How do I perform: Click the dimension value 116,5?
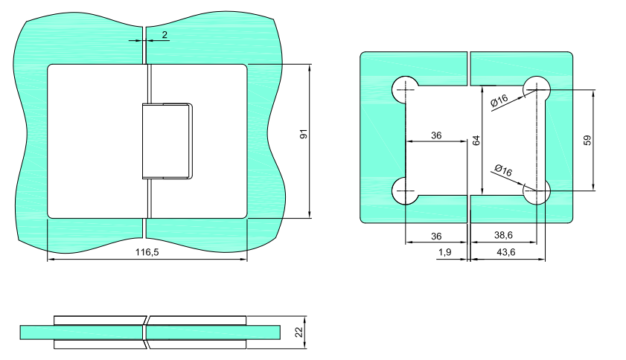click(x=147, y=252)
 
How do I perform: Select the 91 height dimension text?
click(x=304, y=134)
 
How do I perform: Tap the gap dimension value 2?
click(x=165, y=35)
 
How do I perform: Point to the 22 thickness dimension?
click(x=299, y=332)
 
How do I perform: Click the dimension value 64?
click(x=476, y=141)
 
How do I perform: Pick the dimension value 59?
click(x=587, y=141)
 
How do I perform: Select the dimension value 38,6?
click(x=503, y=235)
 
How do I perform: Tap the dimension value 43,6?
click(x=506, y=252)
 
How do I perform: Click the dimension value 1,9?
click(x=444, y=252)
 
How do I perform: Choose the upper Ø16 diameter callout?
click(x=499, y=100)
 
